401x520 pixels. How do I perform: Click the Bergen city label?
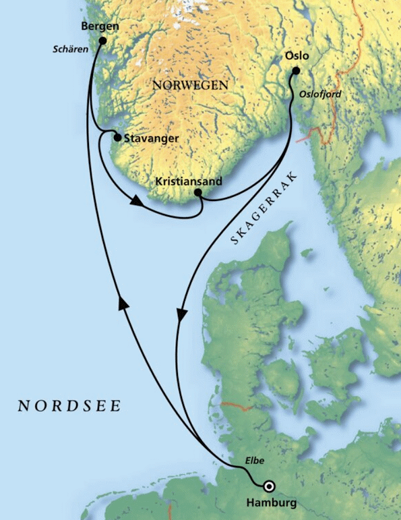(99, 26)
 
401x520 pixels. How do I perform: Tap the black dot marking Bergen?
(102, 40)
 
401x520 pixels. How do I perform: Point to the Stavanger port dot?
(117, 138)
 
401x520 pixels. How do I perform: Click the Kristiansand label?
(188, 181)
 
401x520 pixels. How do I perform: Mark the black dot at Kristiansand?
(197, 192)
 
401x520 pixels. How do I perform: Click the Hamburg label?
(272, 502)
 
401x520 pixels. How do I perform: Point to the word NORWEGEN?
(191, 86)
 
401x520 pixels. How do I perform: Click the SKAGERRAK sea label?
(265, 205)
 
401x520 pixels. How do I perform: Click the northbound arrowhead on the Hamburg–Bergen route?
(123, 305)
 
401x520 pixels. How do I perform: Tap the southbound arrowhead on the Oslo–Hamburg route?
(180, 315)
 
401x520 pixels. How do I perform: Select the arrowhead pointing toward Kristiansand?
(137, 201)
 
